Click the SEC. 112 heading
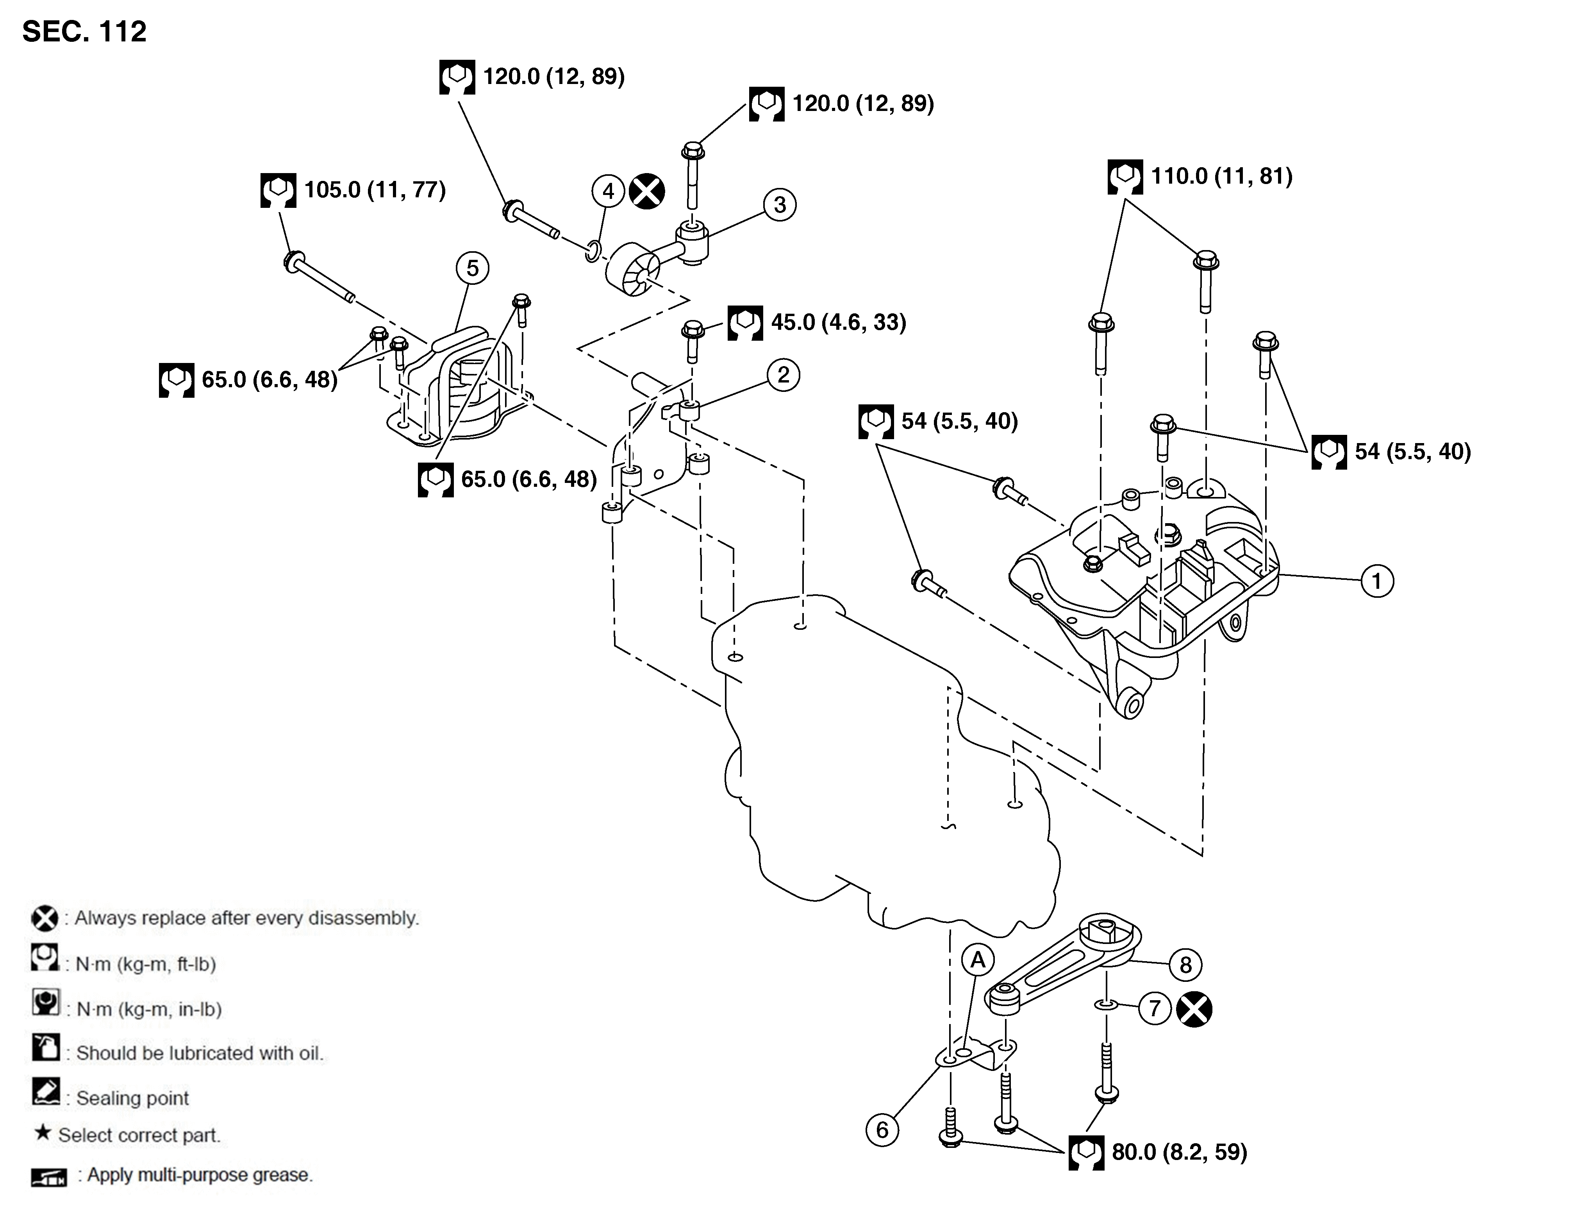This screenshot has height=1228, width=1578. pyautogui.click(x=84, y=32)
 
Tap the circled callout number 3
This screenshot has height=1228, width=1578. pyautogui.click(x=780, y=205)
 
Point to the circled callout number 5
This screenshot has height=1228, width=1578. pyautogui.click(x=473, y=268)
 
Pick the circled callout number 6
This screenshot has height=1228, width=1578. pyautogui.click(x=882, y=1130)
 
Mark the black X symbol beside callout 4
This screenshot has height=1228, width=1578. pyautogui.click(x=647, y=191)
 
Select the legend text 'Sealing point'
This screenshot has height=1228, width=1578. pyautogui.click(x=132, y=1098)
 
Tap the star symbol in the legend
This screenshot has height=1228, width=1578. pyautogui.click(x=43, y=1133)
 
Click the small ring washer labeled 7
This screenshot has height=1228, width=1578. pyautogui.click(x=1106, y=1004)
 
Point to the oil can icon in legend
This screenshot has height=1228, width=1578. pyautogui.click(x=46, y=1047)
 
